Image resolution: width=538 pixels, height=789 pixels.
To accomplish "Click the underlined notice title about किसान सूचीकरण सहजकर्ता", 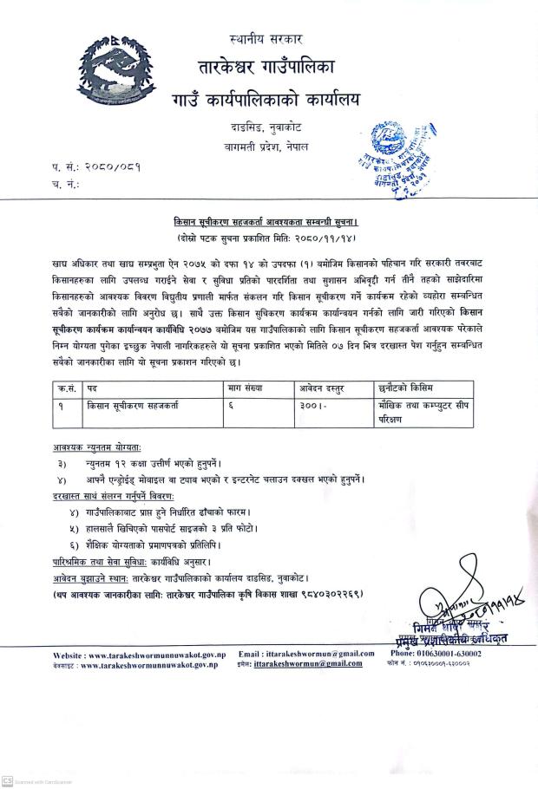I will point(268,222).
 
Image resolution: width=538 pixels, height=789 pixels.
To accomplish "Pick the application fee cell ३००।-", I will point(312,405).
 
